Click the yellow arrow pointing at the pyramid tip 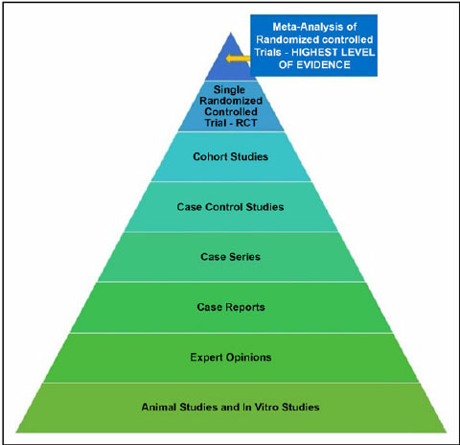click(x=238, y=59)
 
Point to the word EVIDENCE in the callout click(x=323, y=65)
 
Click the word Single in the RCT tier click(x=229, y=90)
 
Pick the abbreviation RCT click(x=246, y=123)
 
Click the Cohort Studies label click(x=231, y=156)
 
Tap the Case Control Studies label click(x=230, y=207)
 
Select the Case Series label click(x=230, y=257)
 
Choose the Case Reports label click(x=231, y=307)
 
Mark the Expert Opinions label click(x=231, y=357)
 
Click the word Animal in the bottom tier click(x=159, y=407)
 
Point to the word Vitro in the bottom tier click(x=266, y=407)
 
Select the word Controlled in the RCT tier click(x=231, y=111)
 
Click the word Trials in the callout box click(x=267, y=52)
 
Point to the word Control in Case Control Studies click(x=224, y=207)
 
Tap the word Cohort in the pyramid click(x=210, y=156)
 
